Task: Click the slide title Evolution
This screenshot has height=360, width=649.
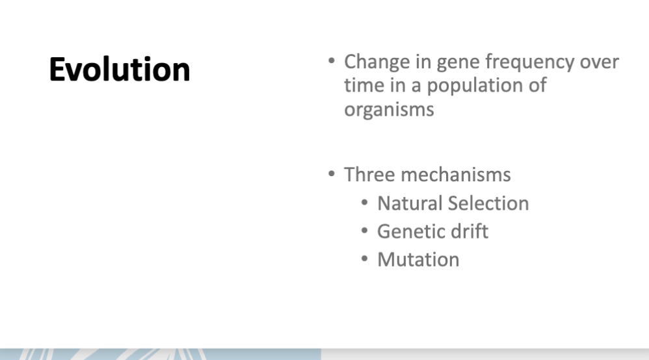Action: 120,69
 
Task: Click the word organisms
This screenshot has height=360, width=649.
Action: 389,109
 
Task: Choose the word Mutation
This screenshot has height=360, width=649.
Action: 418,259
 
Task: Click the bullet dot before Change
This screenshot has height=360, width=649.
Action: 332,62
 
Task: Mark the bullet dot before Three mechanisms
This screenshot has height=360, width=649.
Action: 332,174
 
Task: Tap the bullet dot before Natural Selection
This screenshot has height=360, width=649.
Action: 365,203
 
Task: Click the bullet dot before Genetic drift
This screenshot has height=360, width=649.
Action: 365,231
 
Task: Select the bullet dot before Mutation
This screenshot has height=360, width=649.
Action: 365,259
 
